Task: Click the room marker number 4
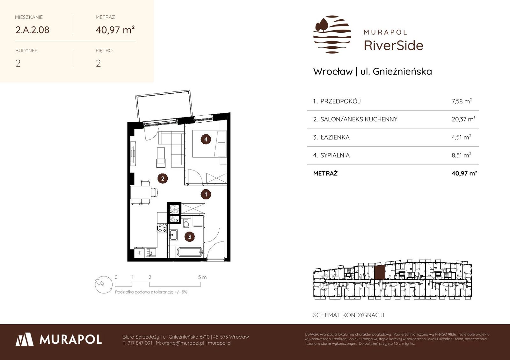pos(206,139)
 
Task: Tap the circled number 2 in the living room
pos(163,179)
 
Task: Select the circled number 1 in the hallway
pos(206,194)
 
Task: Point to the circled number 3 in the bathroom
pos(189,237)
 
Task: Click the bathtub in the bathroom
pos(190,252)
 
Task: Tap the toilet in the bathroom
pos(186,223)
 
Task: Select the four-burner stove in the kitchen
pos(162,228)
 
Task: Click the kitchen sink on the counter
pos(151,252)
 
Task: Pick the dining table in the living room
pos(141,192)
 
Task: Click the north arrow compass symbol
pos(104,284)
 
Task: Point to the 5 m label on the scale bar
pos(202,277)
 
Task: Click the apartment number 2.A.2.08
pos(32,30)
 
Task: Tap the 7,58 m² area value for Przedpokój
pos(462,101)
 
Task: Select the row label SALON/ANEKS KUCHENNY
pos(359,119)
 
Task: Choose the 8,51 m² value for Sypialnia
pos(461,155)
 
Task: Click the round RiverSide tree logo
pos(332,34)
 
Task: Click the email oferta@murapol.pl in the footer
pos(183,343)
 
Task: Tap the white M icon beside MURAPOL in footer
pos(25,339)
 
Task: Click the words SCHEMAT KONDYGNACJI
pos(349,315)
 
